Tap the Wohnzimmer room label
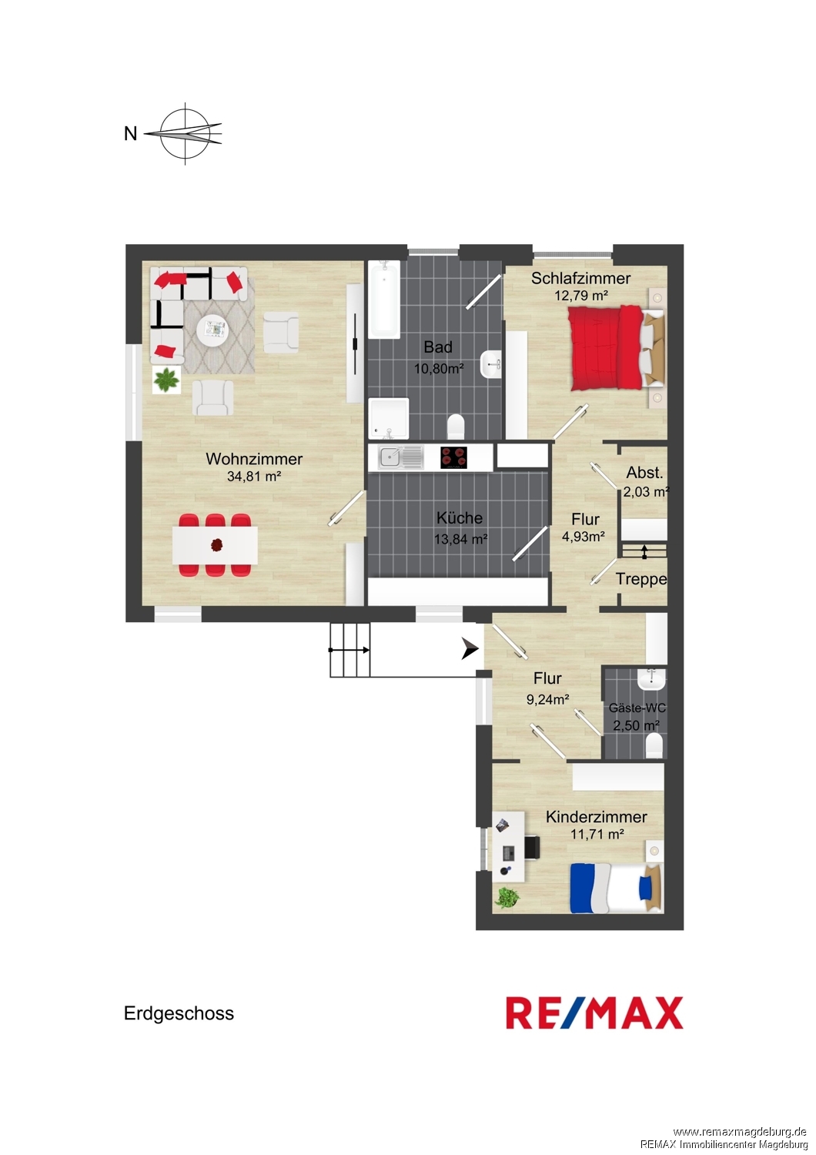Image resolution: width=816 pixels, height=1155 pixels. point(254,459)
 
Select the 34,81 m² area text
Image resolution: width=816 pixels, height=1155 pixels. point(254,477)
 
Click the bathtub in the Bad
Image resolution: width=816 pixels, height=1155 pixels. point(384,300)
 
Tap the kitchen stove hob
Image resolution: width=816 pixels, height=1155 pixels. point(453,458)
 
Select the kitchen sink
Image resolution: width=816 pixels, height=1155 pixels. point(400,458)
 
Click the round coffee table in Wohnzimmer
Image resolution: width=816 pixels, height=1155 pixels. point(214,330)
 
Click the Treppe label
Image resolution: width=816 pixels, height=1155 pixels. point(641,580)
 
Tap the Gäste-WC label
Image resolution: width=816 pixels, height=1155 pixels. point(637,708)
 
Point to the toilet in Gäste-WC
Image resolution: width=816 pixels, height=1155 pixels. point(654,747)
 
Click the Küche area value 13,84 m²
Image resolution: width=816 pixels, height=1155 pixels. point(461,539)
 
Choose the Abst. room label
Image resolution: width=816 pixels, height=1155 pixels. point(644,472)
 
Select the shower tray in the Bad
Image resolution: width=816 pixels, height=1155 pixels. point(389,418)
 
